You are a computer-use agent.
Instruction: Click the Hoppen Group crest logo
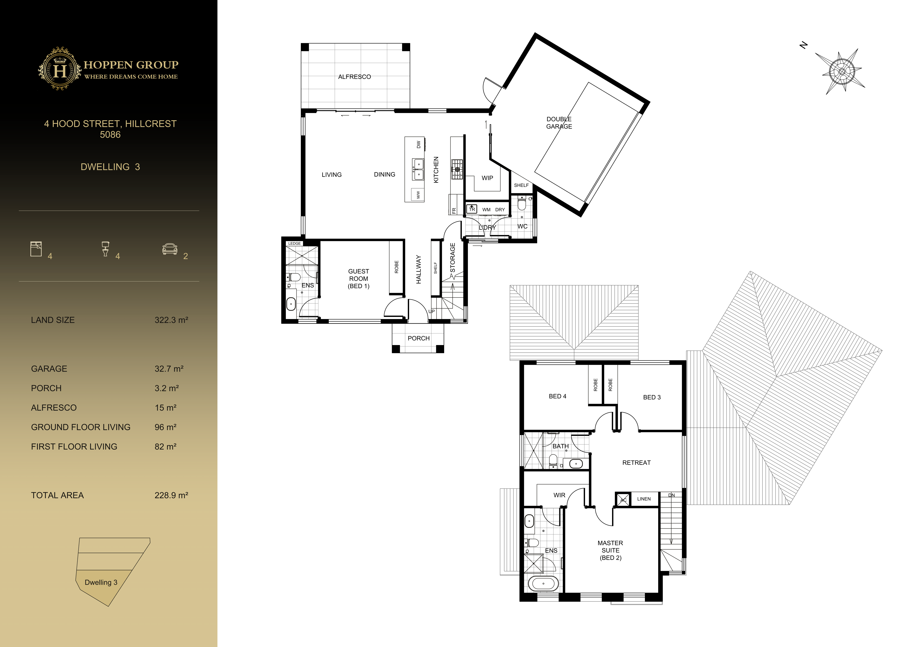(x=60, y=69)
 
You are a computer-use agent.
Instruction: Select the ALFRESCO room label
(x=354, y=77)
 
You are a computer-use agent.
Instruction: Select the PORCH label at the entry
(x=419, y=338)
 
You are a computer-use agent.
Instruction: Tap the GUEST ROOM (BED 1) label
(x=358, y=278)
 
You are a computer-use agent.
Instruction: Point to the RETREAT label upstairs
(x=636, y=462)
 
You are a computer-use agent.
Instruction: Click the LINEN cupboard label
(x=644, y=499)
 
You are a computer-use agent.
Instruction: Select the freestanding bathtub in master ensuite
(x=543, y=583)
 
